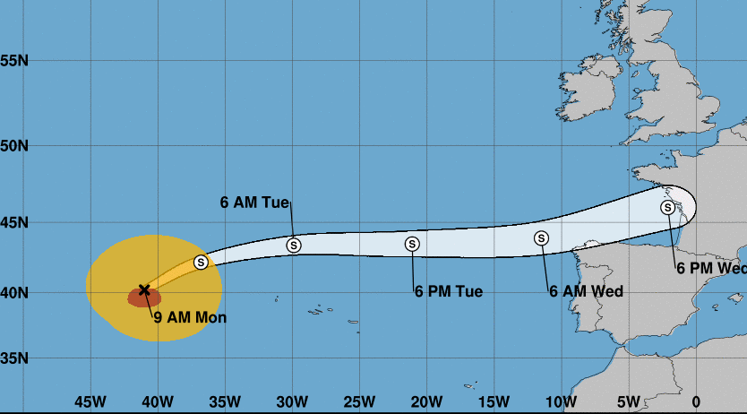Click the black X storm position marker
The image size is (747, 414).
[x=144, y=289]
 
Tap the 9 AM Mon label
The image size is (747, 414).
[x=190, y=316]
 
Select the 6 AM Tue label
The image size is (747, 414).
[x=254, y=202]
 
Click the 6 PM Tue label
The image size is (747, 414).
[x=448, y=291]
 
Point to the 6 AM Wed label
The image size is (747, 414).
[x=586, y=291]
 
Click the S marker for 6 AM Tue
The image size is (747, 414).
[x=294, y=245]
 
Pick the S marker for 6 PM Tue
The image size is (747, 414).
[x=412, y=244]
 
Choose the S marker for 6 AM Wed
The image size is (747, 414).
[x=541, y=237]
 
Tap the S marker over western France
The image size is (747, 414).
[x=667, y=208]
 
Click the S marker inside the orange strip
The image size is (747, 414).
[x=201, y=262]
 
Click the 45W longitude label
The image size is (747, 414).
[x=90, y=401]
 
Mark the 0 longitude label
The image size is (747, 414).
[x=696, y=401]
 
